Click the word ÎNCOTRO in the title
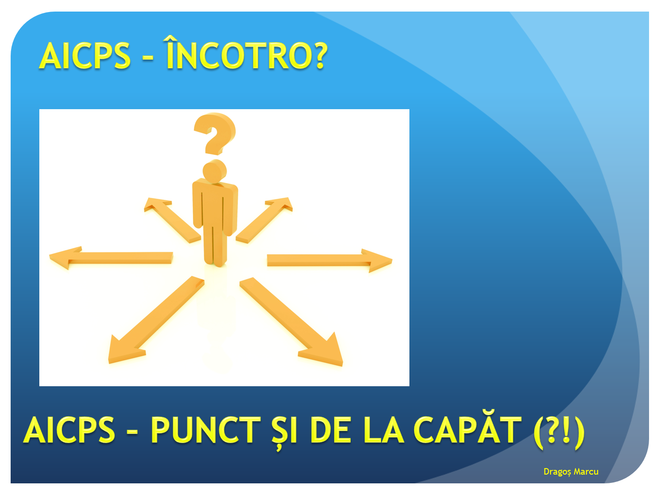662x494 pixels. tap(240, 53)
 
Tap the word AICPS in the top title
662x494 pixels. tap(85, 56)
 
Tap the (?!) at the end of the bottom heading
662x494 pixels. tap(559, 432)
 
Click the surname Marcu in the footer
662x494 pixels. tap(586, 471)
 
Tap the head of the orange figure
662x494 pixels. tap(215, 171)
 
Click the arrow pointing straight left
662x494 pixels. tap(111, 258)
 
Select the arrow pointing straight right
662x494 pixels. tap(330, 260)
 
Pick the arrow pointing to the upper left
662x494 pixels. tap(173, 220)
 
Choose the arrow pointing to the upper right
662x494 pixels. tap(264, 220)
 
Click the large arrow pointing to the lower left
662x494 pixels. tap(156, 320)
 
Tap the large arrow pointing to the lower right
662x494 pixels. tap(291, 322)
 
